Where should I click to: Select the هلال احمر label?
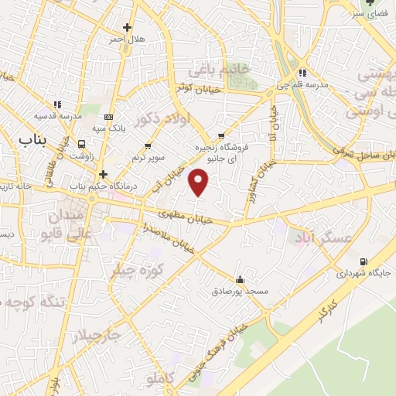tap(125, 39)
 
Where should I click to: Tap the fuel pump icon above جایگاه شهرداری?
tap(364, 261)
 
